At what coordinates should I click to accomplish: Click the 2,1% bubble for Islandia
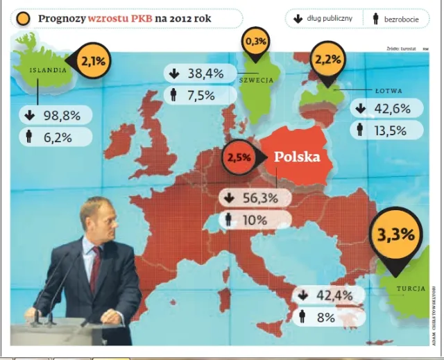(x=93, y=61)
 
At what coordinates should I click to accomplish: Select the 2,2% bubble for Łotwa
(x=327, y=60)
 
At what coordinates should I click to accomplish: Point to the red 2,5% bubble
(x=238, y=158)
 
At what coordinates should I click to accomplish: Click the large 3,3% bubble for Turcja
(x=395, y=234)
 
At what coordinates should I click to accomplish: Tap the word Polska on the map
(x=297, y=157)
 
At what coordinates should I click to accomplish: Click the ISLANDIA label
(x=48, y=69)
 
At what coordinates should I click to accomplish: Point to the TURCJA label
(x=411, y=289)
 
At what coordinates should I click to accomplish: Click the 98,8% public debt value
(x=62, y=116)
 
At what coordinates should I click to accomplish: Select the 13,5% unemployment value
(x=389, y=129)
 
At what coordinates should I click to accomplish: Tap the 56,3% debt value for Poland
(x=260, y=198)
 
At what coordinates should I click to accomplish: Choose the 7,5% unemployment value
(x=200, y=96)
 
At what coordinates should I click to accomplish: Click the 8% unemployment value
(x=326, y=318)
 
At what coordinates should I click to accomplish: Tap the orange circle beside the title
(x=24, y=19)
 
